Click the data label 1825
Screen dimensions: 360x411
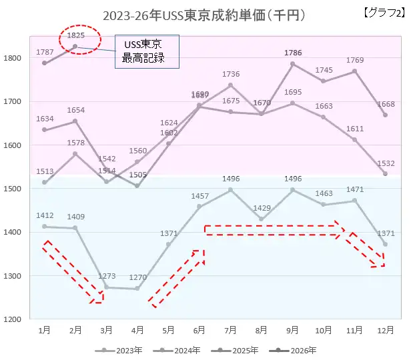(x=76, y=35)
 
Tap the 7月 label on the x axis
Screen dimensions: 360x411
(x=230, y=330)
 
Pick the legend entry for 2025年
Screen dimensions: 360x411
(x=238, y=349)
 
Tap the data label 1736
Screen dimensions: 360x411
(x=231, y=74)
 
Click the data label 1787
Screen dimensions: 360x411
(x=44, y=53)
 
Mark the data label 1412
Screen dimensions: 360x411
(x=44, y=216)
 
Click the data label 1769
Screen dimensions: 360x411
(x=355, y=61)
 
